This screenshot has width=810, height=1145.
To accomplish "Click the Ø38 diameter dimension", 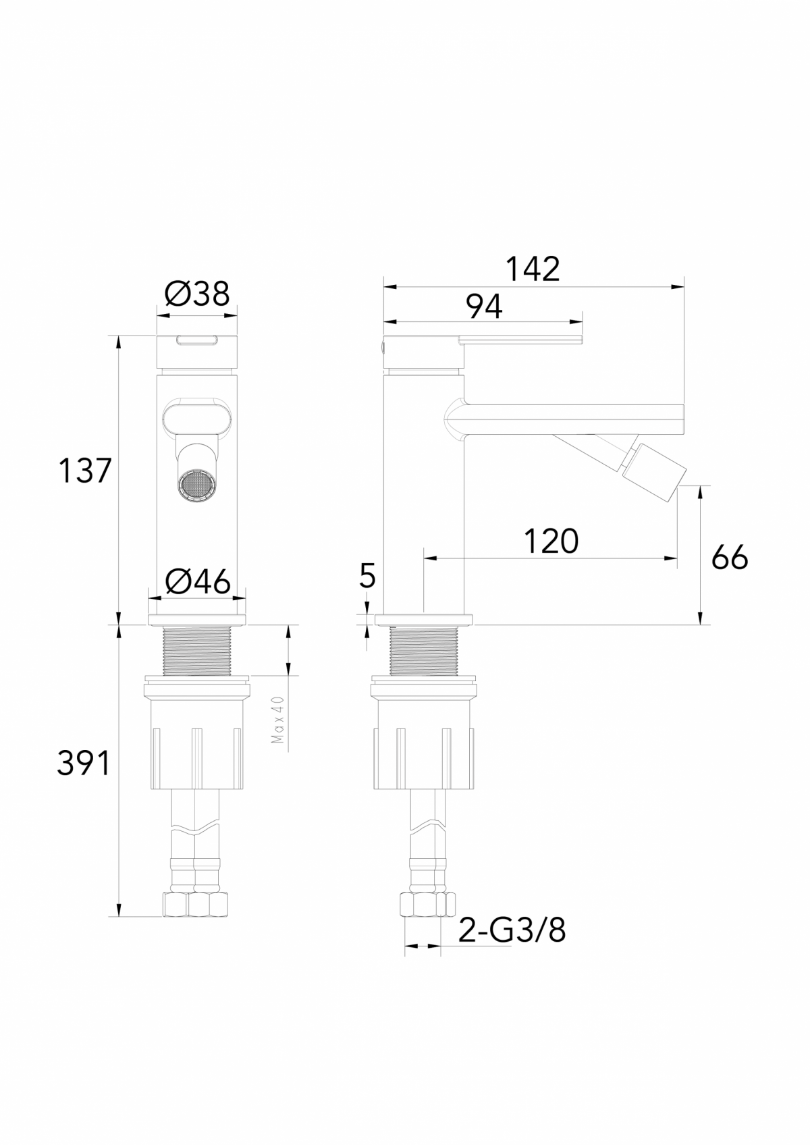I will (197, 294).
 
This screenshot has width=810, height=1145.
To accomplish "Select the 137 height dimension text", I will (84, 471).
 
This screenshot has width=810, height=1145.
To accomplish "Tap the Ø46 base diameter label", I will (197, 581).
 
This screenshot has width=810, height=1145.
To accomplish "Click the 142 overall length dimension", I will (533, 269).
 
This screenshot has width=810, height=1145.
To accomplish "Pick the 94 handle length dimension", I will (485, 307).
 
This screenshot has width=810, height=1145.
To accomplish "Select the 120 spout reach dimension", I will (551, 541).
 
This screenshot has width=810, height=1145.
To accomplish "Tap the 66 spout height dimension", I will (730, 558).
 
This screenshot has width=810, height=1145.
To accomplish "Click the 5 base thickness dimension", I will (368, 576).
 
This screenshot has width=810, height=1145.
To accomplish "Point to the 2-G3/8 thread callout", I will (512, 931).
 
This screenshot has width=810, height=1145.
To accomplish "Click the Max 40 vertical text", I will (277, 720).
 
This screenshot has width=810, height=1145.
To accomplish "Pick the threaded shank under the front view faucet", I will (197, 650).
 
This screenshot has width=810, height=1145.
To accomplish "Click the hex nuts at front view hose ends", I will (196, 903).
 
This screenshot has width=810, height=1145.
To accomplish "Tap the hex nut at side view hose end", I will (423, 903).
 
